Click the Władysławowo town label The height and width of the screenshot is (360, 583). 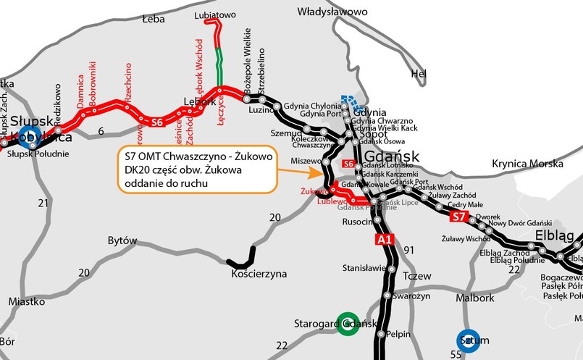pyautogui.click(x=333, y=12)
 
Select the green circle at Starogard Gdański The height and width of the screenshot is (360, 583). pyautogui.click(x=348, y=323)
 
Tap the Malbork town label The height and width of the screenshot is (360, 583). pyautogui.click(x=474, y=298)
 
